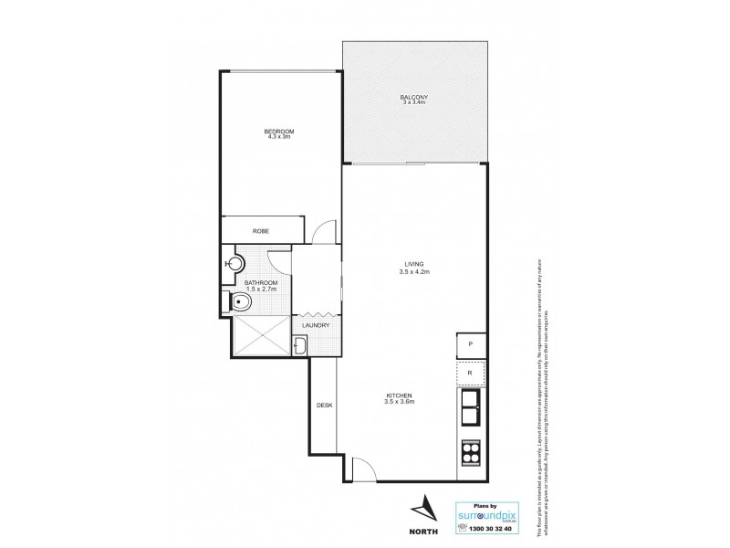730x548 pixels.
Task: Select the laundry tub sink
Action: pos(300,345)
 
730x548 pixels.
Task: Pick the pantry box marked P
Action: pos(470,344)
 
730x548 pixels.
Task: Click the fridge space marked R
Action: pos(470,374)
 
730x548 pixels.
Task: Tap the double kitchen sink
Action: pos(472,408)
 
